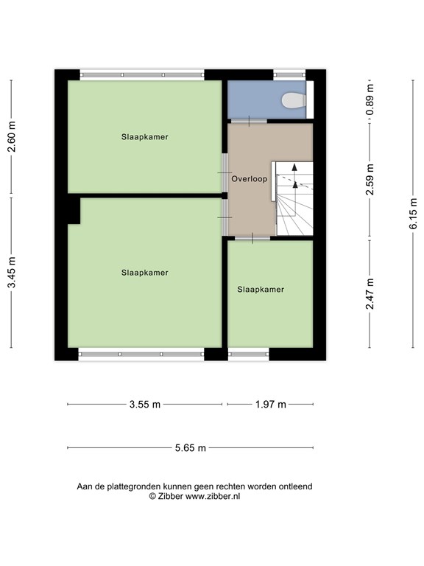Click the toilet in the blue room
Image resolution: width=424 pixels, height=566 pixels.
pos(294,101)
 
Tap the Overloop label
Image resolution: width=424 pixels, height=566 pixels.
pos(249,178)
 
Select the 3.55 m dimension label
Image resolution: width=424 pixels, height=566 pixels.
pos(145,405)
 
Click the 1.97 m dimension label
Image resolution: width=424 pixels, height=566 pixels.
pos(270,405)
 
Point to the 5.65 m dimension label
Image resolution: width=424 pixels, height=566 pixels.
pos(191,448)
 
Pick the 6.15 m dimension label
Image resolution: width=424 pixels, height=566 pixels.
pos(413,214)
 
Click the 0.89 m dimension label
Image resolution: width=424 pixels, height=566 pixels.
pos(370,100)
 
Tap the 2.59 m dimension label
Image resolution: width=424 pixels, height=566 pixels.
pos(370,179)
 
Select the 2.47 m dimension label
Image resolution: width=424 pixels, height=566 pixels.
pos(370,294)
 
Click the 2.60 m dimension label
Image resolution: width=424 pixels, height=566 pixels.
pos(12,137)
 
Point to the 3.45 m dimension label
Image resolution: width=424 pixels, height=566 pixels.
pos(12,273)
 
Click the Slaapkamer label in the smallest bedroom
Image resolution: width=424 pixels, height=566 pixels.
pos(261,290)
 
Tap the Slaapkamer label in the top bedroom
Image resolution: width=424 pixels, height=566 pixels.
pos(144,137)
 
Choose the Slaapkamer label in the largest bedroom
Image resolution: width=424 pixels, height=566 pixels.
pos(144,273)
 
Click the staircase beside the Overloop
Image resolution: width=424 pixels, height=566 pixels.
pos(292,198)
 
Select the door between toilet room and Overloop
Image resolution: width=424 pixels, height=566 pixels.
pos(249,121)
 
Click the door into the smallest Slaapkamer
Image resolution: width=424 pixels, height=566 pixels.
pos(252,238)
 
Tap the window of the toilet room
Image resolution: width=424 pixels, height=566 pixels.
pos(289,75)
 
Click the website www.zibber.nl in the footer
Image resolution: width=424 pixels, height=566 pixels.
pos(213,496)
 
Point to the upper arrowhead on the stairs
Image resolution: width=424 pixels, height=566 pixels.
pos(294,167)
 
